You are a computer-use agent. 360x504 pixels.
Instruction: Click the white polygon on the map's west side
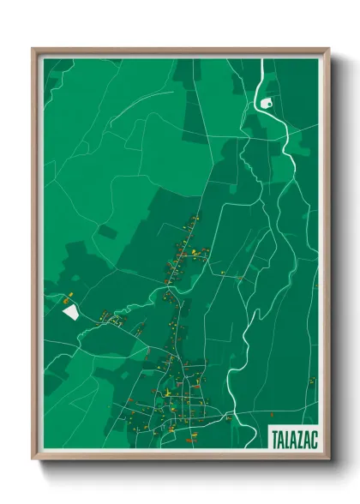[69, 311]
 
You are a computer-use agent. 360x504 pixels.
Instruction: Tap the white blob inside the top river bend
[266, 104]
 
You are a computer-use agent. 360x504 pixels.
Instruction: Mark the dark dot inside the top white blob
[265, 105]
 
